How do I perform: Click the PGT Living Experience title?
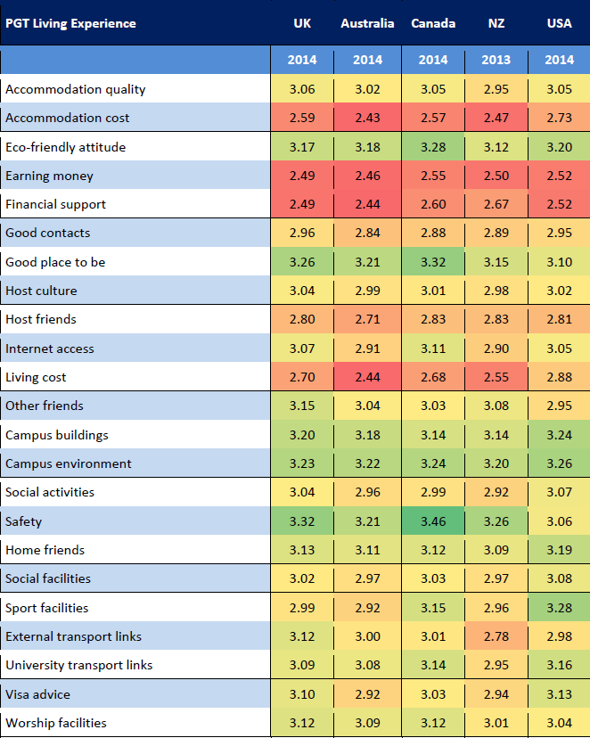click(70, 23)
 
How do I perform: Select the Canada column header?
click(433, 23)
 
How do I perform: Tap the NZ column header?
click(496, 23)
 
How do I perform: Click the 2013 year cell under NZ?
click(496, 60)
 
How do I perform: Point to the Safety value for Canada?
click(433, 521)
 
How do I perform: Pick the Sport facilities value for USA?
click(560, 608)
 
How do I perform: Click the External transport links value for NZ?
click(496, 636)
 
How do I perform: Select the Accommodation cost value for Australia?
click(367, 118)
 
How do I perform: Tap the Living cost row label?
click(36, 377)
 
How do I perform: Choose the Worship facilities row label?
click(56, 723)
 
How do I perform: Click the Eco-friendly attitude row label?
click(65, 147)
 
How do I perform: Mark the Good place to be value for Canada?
click(433, 262)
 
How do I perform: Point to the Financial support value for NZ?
click(496, 204)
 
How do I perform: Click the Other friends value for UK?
click(302, 406)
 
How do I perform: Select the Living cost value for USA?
click(560, 377)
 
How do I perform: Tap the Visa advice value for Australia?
click(367, 694)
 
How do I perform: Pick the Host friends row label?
click(41, 319)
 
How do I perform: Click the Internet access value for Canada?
click(433, 348)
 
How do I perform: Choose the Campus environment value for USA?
click(560, 463)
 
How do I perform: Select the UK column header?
click(302, 23)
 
